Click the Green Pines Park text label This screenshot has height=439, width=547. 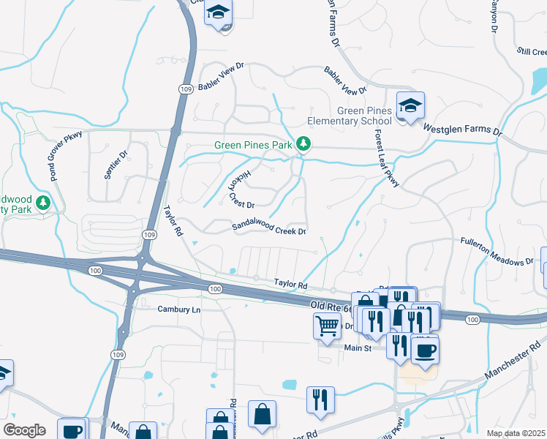(x=252, y=145)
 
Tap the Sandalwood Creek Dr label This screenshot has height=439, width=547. (x=268, y=229)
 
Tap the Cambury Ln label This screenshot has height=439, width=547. (x=178, y=309)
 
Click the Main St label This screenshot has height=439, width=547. (x=359, y=348)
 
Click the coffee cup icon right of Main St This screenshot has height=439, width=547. (x=424, y=349)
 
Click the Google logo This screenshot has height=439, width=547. (x=23, y=430)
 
